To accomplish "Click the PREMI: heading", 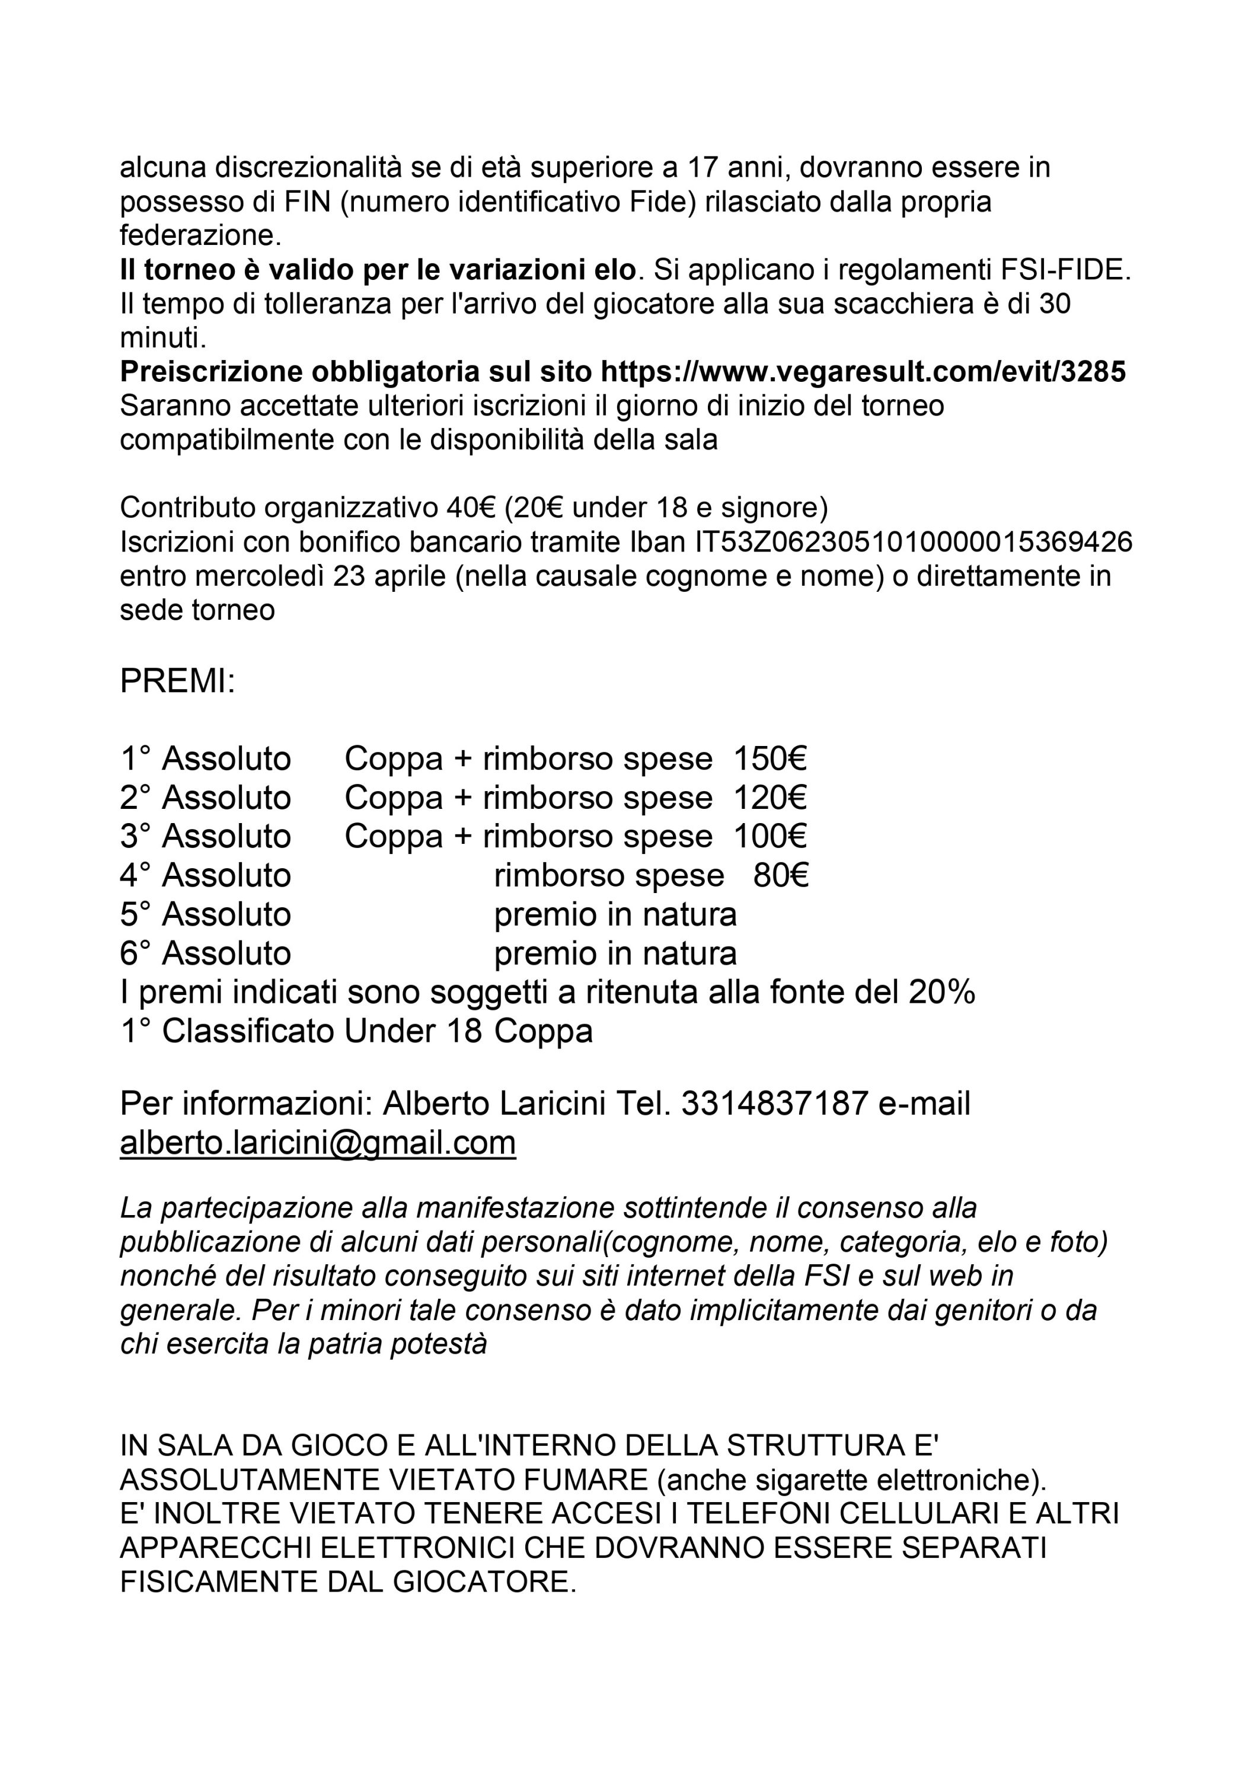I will [177, 682].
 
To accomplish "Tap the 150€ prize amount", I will [770, 758].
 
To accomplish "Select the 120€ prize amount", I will [770, 798].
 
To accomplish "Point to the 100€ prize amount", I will [770, 836].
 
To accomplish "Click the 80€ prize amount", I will [780, 875].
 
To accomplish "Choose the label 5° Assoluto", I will [205, 914].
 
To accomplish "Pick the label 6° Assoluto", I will [205, 953].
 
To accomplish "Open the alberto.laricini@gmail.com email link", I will [318, 1143].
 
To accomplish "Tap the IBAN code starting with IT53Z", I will [914, 541].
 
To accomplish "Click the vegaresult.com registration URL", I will [863, 372].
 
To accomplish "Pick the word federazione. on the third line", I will [200, 235].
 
